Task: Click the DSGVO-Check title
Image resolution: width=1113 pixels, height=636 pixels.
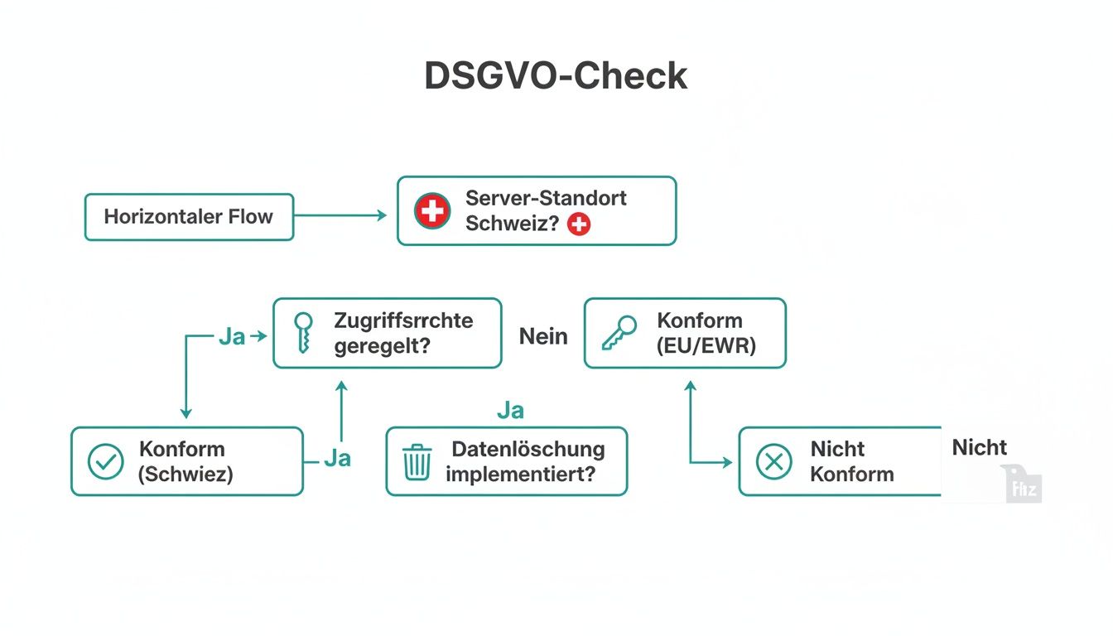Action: [x=556, y=76]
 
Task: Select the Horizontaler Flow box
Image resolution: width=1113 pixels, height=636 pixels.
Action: [x=189, y=217]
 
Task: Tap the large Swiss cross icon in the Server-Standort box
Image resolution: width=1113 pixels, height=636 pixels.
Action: [x=432, y=210]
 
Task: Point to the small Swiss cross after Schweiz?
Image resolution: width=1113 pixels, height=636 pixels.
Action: [x=579, y=224]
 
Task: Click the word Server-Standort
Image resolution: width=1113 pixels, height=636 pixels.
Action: [x=546, y=198]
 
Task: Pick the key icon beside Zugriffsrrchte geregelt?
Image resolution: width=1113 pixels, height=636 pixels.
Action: [x=304, y=333]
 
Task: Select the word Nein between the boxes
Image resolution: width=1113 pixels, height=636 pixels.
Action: [x=543, y=336]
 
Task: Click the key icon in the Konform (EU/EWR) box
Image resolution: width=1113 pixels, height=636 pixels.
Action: [x=619, y=333]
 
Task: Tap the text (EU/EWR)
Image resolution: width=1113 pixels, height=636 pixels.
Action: [x=706, y=345]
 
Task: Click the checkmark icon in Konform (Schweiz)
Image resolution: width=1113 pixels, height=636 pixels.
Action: [x=105, y=462]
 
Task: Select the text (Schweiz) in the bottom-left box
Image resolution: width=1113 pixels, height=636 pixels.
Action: [x=186, y=475]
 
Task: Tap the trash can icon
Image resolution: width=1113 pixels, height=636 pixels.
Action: [x=417, y=462]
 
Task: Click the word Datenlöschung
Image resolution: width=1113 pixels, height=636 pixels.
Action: [x=528, y=450]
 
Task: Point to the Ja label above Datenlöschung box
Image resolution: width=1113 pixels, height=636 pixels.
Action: [x=510, y=411]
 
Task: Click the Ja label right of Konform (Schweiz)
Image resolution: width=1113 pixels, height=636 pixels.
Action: [x=337, y=458]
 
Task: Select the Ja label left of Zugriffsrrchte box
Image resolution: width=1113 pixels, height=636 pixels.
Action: [x=233, y=337]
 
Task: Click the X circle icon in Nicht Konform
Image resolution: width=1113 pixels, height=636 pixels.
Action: [x=774, y=462]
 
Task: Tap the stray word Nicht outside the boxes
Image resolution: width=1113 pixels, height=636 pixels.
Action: [x=979, y=448]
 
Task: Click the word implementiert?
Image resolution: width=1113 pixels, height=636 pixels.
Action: [x=521, y=475]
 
